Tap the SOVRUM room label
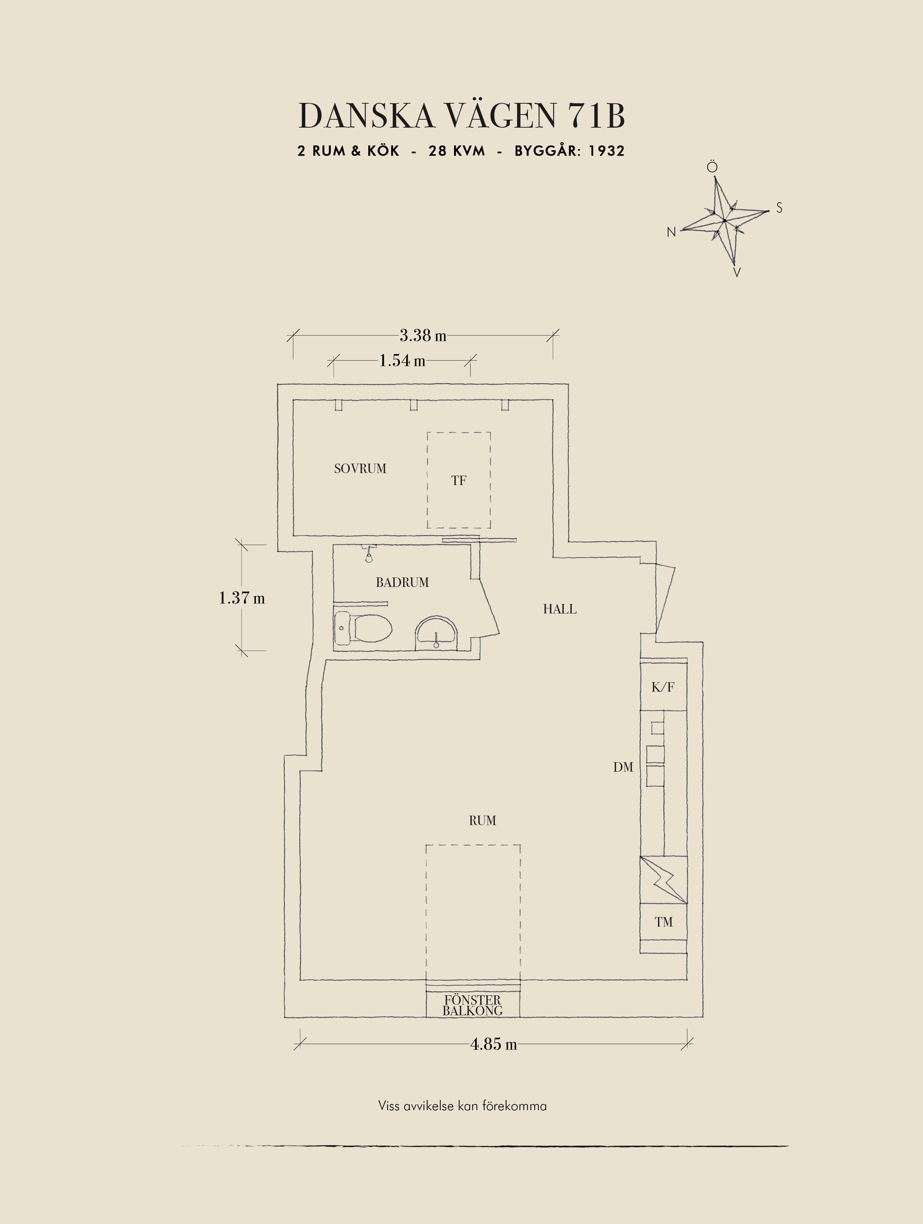(360, 469)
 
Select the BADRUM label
(402, 582)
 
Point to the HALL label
(560, 609)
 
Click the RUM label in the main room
(482, 821)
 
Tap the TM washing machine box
(664, 922)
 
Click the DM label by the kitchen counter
(623, 768)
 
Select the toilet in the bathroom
(363, 628)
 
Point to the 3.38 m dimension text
(422, 335)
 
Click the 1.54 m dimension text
(402, 361)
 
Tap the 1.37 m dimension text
(242, 598)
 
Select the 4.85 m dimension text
(493, 1044)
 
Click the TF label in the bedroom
(458, 481)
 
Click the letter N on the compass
(671, 232)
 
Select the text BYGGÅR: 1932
(570, 151)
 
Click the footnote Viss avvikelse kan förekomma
(462, 1106)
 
